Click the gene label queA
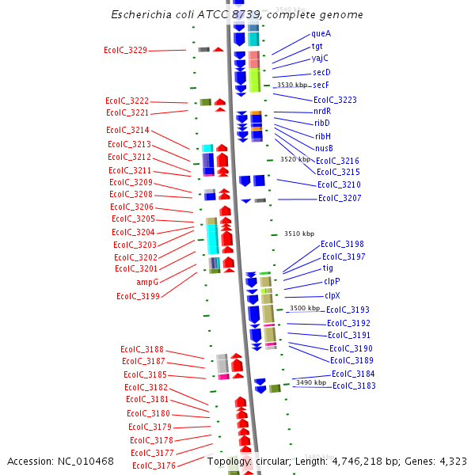[321, 34]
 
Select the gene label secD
[321, 72]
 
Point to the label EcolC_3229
[125, 51]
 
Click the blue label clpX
[332, 295]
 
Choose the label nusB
[324, 148]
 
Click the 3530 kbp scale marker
[292, 85]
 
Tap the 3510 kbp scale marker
[299, 234]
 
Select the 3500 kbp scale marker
[305, 308]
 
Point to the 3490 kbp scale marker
[310, 382]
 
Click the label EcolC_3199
[138, 296]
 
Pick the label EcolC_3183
[354, 386]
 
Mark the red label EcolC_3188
[142, 349]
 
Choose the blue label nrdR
[322, 111]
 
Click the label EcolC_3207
[340, 198]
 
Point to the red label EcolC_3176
[154, 465]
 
